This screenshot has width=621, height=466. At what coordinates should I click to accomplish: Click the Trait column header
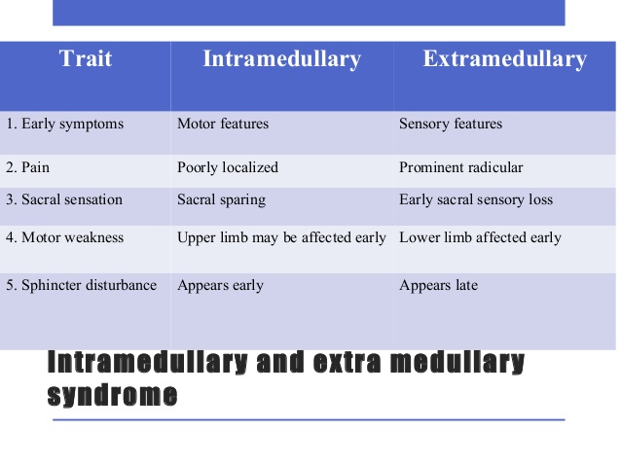(86, 58)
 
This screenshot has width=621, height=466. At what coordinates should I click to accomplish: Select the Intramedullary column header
(281, 59)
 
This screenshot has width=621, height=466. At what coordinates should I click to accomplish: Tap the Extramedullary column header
(504, 59)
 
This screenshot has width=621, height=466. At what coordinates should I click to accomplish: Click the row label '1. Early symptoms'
(64, 124)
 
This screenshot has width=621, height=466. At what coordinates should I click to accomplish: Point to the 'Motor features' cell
(223, 124)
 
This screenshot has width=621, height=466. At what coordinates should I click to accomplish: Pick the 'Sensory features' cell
(451, 124)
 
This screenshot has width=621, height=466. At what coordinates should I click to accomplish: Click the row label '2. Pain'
(27, 167)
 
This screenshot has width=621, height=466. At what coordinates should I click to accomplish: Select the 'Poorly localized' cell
(228, 167)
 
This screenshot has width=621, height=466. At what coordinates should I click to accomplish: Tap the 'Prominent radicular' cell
(461, 167)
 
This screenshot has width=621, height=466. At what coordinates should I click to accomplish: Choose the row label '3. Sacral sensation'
(64, 199)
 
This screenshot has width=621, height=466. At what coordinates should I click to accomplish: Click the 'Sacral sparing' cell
(221, 200)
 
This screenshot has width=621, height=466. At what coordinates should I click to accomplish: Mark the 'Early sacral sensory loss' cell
(476, 200)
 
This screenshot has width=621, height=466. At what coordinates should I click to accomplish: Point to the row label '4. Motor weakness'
(64, 237)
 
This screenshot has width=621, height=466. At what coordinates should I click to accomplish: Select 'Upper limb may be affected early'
(281, 238)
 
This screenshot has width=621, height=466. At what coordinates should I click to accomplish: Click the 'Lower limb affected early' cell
(480, 238)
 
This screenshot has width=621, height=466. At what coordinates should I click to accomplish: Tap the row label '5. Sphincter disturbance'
(81, 285)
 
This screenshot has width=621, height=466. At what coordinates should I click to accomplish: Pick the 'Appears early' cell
(220, 286)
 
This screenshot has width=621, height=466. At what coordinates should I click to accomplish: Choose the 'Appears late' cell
(438, 285)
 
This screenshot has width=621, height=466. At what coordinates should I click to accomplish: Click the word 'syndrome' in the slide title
(112, 395)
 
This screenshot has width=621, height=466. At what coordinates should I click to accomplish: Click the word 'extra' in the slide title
(347, 362)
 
